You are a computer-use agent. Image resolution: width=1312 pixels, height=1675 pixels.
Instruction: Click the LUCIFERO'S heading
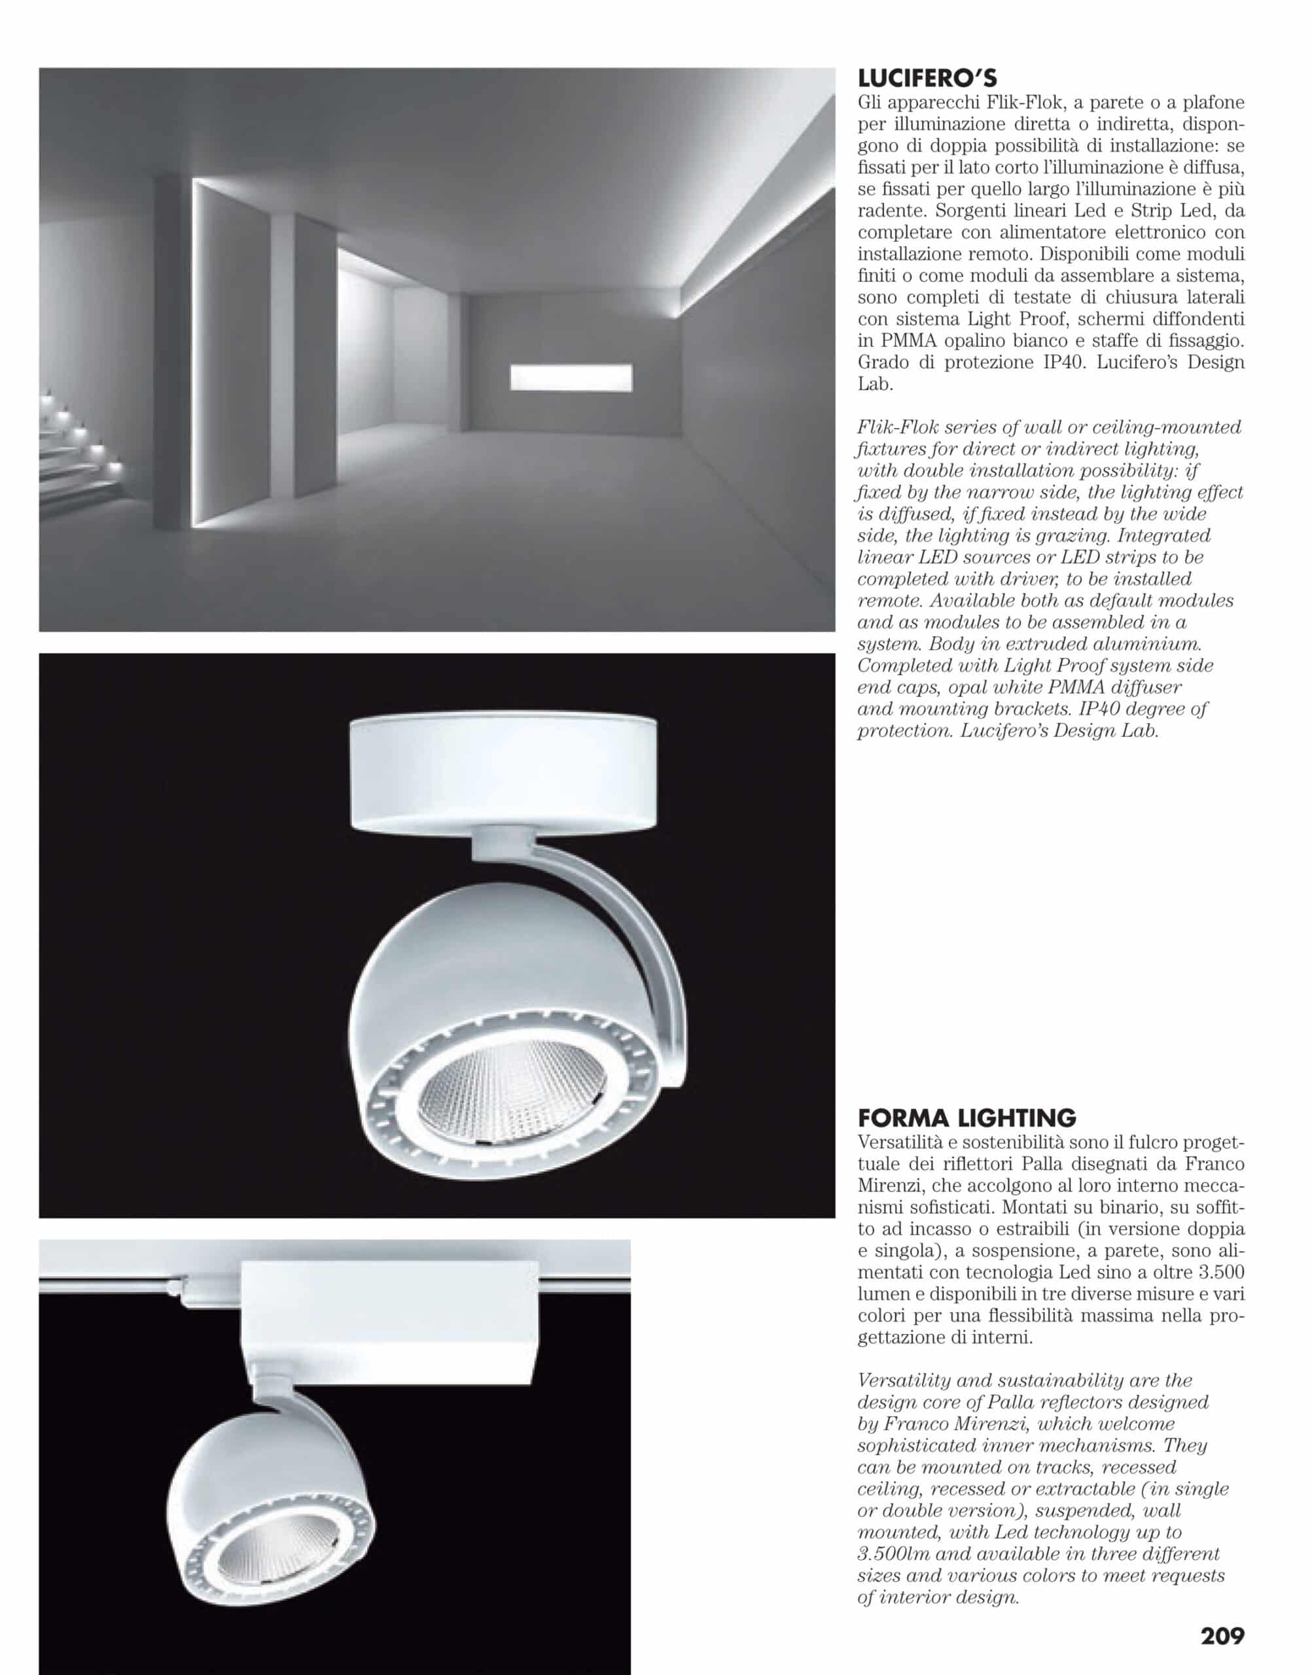point(927,79)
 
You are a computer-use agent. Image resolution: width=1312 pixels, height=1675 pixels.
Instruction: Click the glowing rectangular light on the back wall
point(571,377)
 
